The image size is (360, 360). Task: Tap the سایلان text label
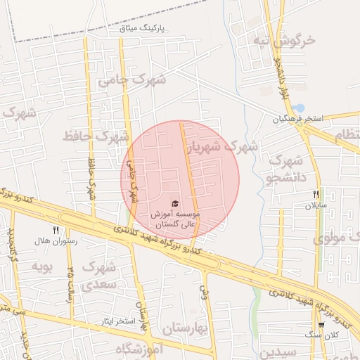tap(315, 206)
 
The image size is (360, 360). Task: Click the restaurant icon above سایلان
tap(316, 194)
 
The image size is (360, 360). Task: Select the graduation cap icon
tap(174, 202)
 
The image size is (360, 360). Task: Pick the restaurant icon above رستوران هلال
tap(55, 229)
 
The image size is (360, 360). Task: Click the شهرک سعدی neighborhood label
tap(98, 275)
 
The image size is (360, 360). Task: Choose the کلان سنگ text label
tap(321, 336)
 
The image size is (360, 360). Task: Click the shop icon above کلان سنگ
tap(321, 325)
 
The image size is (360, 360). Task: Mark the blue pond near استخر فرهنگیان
tap(299, 108)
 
